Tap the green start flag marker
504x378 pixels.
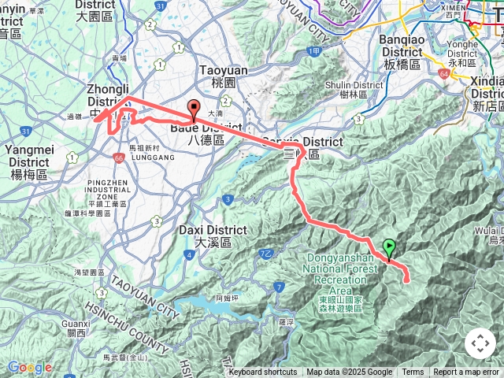(388, 249)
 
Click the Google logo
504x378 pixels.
(28, 367)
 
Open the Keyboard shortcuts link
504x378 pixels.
(263, 372)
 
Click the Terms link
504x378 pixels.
(413, 372)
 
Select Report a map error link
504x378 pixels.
(466, 372)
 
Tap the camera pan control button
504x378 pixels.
(480, 343)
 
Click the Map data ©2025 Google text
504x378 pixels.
(349, 372)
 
